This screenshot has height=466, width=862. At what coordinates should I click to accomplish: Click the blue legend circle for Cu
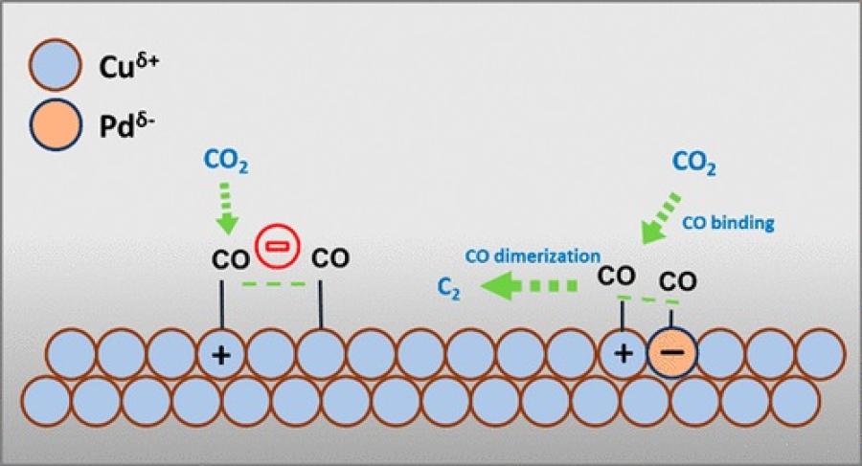coord(59,71)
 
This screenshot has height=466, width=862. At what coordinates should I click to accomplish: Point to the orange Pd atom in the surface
coord(671,353)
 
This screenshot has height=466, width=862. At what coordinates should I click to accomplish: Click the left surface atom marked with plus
coord(221,353)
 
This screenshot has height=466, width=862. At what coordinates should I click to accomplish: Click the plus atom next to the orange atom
coord(623,353)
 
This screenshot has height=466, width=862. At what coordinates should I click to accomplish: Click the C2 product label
coord(446,288)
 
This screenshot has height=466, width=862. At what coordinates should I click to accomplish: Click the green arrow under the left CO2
coord(228,211)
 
